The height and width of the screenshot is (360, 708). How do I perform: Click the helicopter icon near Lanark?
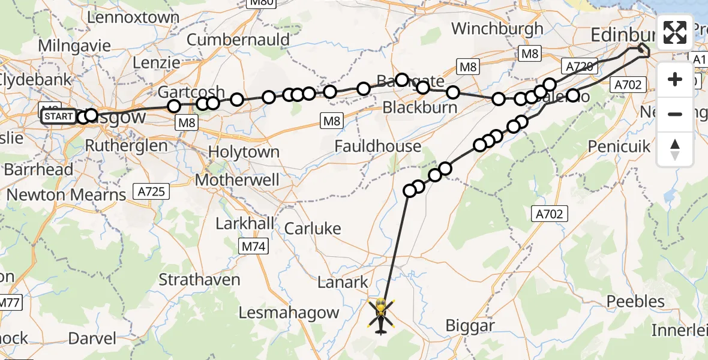coord(381,316)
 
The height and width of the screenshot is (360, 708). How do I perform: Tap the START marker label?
coord(59,116)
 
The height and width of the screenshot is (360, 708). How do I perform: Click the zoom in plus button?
coord(675,80)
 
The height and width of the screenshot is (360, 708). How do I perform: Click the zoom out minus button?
coord(675,114)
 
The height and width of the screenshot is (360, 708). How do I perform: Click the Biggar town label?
coord(470,326)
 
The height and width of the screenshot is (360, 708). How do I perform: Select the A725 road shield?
coord(153,192)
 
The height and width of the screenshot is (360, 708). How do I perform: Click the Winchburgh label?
coord(497,28)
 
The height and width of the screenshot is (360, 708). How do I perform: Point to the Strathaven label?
coord(199,280)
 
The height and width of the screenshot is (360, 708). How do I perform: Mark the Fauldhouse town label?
coord(377,146)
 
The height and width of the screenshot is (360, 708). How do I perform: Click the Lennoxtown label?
coord(133,17)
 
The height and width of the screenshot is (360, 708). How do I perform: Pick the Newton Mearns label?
coord(67,194)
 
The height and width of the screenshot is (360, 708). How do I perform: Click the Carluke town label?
coord(313,228)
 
